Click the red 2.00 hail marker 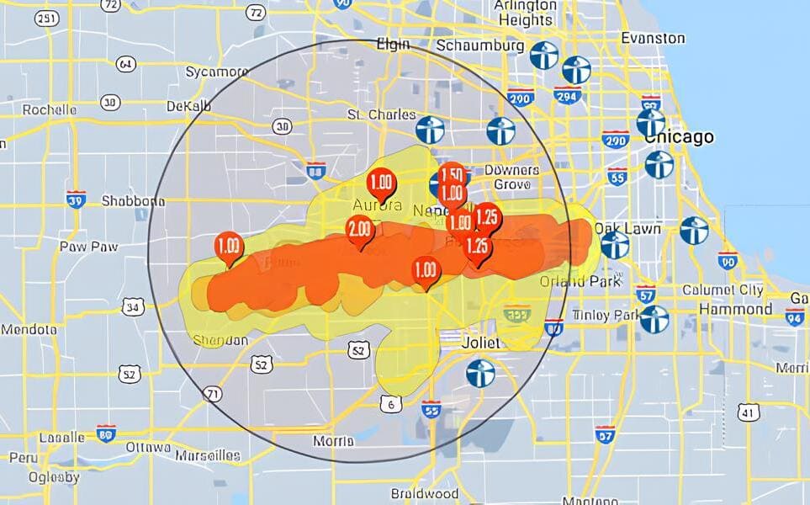coord(360,229)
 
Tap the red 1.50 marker coord(453,175)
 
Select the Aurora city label coord(371,205)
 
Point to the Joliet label coord(480,343)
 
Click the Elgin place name coord(393,44)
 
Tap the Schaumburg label coord(480,45)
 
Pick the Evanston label coord(652,38)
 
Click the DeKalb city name coord(188,106)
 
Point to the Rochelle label coord(49,109)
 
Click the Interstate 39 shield coord(76,198)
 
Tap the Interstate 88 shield coord(316,170)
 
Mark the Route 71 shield coord(213,393)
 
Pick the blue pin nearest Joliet coord(480,373)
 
